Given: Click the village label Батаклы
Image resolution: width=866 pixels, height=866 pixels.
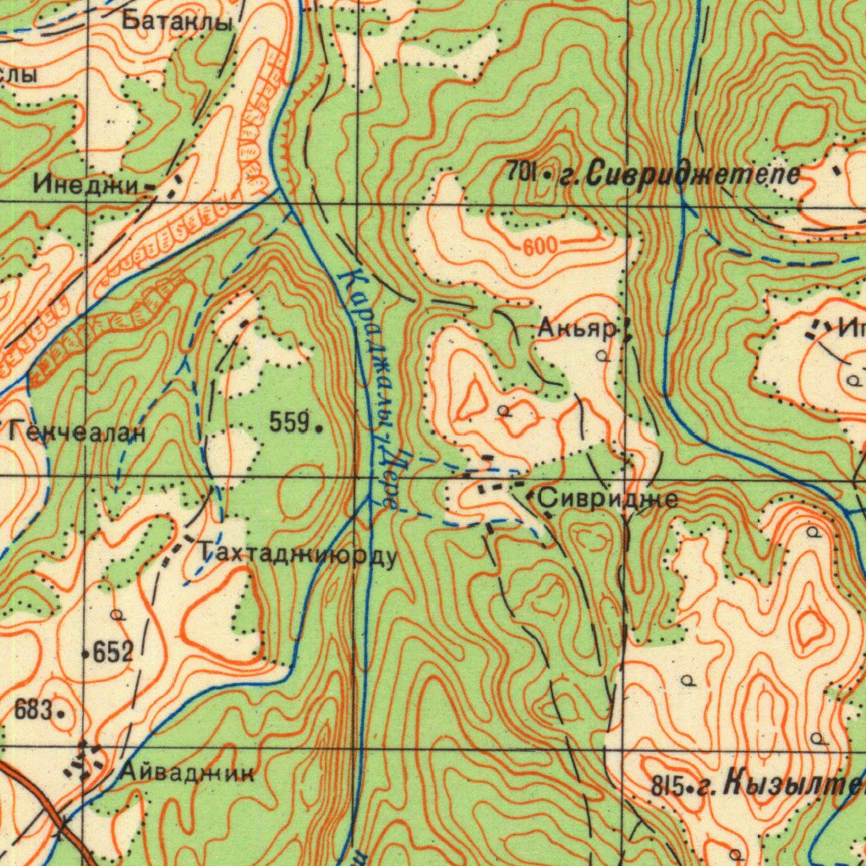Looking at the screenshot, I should click(x=177, y=21).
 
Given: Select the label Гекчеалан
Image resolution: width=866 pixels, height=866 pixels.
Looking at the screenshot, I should click(x=78, y=433).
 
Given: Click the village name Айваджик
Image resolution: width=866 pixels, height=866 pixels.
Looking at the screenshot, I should click(x=186, y=771).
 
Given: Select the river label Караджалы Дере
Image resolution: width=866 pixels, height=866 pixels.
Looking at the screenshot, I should click(x=369, y=389).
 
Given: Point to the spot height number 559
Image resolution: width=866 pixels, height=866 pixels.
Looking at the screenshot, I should click(x=288, y=423).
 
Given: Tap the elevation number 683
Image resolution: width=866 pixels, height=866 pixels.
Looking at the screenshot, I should click(x=34, y=709).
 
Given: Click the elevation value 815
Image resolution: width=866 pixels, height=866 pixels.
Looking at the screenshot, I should click(x=666, y=787).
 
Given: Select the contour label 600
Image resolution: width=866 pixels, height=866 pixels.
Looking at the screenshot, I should click(x=540, y=247).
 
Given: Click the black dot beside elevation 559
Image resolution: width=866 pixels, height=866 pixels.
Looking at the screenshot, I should click(x=318, y=429).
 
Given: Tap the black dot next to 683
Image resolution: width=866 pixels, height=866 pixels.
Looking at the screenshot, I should click(x=61, y=713).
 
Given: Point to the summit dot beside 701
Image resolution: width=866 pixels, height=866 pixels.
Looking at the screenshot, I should click(x=547, y=177).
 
